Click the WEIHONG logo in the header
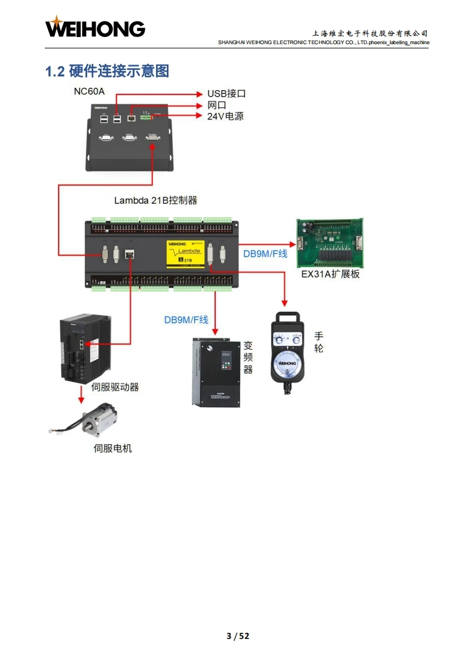point(95,28)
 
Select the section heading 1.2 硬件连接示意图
point(108,72)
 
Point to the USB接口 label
point(227,94)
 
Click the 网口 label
point(216,105)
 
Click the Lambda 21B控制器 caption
point(160,201)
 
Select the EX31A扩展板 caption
point(331,275)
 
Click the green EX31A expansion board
point(331,243)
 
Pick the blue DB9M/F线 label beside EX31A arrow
point(265,254)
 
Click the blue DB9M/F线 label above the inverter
point(186,320)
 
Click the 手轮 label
point(319,343)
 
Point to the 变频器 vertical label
point(248,358)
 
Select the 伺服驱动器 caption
point(115,387)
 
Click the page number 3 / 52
point(237,636)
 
